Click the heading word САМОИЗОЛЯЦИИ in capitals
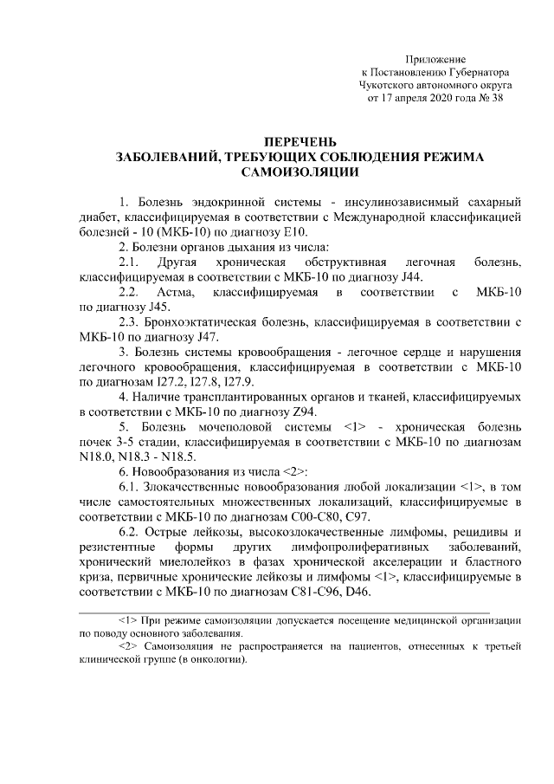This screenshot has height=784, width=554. pyautogui.click(x=300, y=173)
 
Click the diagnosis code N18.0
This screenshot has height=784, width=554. pyautogui.click(x=93, y=458)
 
